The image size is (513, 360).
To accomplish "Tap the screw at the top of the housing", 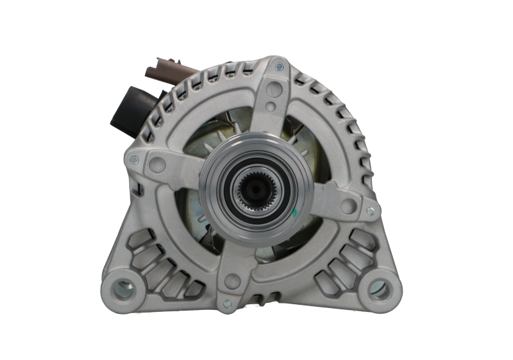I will [x=279, y=66].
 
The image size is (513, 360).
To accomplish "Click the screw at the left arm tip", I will [x=134, y=159].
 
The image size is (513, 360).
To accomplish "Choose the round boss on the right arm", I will [x=348, y=205].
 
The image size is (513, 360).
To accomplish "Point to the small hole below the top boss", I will [x=272, y=106].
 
